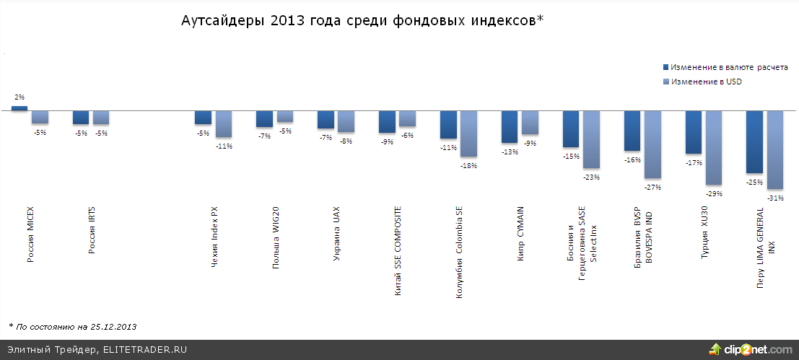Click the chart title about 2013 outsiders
coord(361,21)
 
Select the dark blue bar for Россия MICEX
coord(19,108)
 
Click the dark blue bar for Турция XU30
coord(694,132)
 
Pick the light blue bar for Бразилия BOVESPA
coord(653,144)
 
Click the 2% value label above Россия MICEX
coord(19,97)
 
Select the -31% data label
coord(777,198)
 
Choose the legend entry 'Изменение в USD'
coord(706,82)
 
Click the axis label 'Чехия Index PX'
coord(214,238)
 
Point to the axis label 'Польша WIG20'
coord(276,238)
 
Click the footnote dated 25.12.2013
coord(72,327)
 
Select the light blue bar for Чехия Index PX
coord(224,124)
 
